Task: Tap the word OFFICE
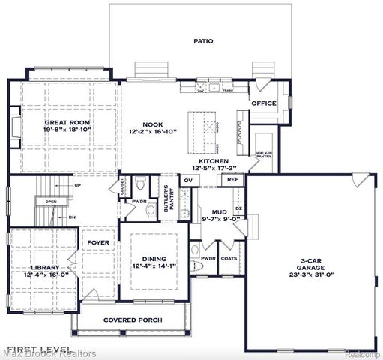(x=264, y=103)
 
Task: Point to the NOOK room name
(x=153, y=125)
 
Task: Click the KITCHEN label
(x=213, y=161)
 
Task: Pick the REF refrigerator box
(x=233, y=180)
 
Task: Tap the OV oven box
(x=188, y=180)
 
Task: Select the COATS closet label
(x=229, y=259)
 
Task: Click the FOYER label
(x=98, y=242)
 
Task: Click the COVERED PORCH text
(x=133, y=319)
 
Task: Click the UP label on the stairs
(x=77, y=185)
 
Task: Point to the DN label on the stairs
(x=73, y=217)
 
